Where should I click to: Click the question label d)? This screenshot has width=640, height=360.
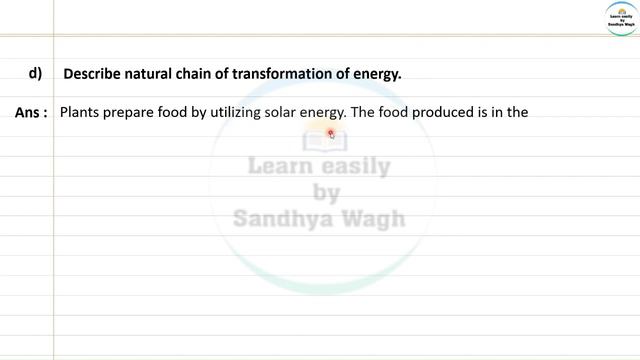34,73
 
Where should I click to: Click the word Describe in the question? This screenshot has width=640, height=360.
92,74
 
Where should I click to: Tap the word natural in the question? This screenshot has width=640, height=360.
151,74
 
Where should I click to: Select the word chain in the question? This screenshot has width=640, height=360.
198,74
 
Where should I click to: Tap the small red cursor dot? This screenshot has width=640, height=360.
331,133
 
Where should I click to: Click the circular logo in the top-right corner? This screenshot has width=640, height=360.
621,19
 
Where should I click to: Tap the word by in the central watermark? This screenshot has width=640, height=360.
326,192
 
